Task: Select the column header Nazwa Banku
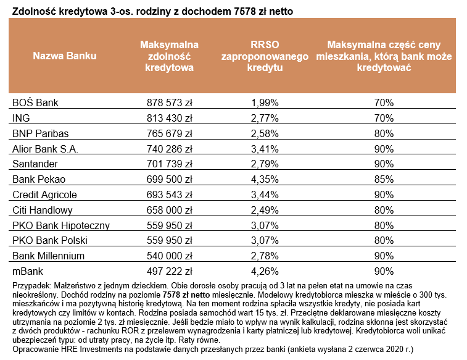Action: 65,56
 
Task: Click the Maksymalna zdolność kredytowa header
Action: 169,56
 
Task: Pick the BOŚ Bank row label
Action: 35,102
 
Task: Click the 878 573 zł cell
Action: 170,102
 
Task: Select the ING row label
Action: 22,117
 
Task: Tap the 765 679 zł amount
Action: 170,133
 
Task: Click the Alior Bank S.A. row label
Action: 46,148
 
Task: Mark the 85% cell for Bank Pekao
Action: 384,179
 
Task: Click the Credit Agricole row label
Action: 44,195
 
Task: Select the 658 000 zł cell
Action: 170,210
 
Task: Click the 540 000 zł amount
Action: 170,256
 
